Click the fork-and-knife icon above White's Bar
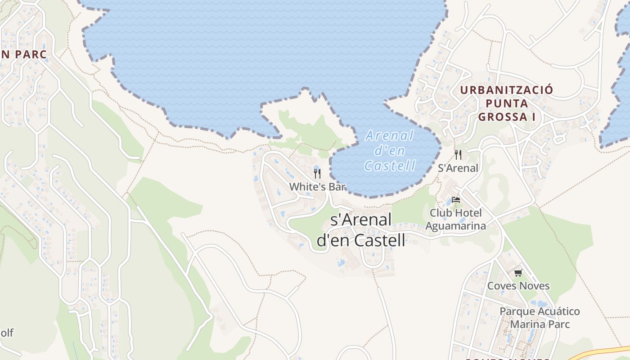pyautogui.click(x=317, y=174)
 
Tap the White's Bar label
pyautogui.click(x=317, y=186)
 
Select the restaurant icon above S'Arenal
pyautogui.click(x=458, y=155)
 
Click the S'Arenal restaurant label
pyautogui.click(x=458, y=168)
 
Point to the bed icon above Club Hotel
pyautogui.click(x=456, y=199)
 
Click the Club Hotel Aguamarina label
pyautogui.click(x=455, y=219)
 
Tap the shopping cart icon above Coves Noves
pyautogui.click(x=518, y=273)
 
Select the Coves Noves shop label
pyautogui.click(x=518, y=286)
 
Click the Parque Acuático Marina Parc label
pyautogui.click(x=540, y=318)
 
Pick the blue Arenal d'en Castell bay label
pyautogui.click(x=390, y=150)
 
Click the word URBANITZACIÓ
pyautogui.click(x=506, y=90)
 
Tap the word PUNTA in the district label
pyautogui.click(x=507, y=103)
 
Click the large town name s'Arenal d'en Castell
pyautogui.click(x=361, y=230)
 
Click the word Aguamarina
pyautogui.click(x=455, y=226)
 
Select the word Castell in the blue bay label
pyautogui.click(x=390, y=166)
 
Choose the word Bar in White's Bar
pyautogui.click(x=337, y=186)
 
